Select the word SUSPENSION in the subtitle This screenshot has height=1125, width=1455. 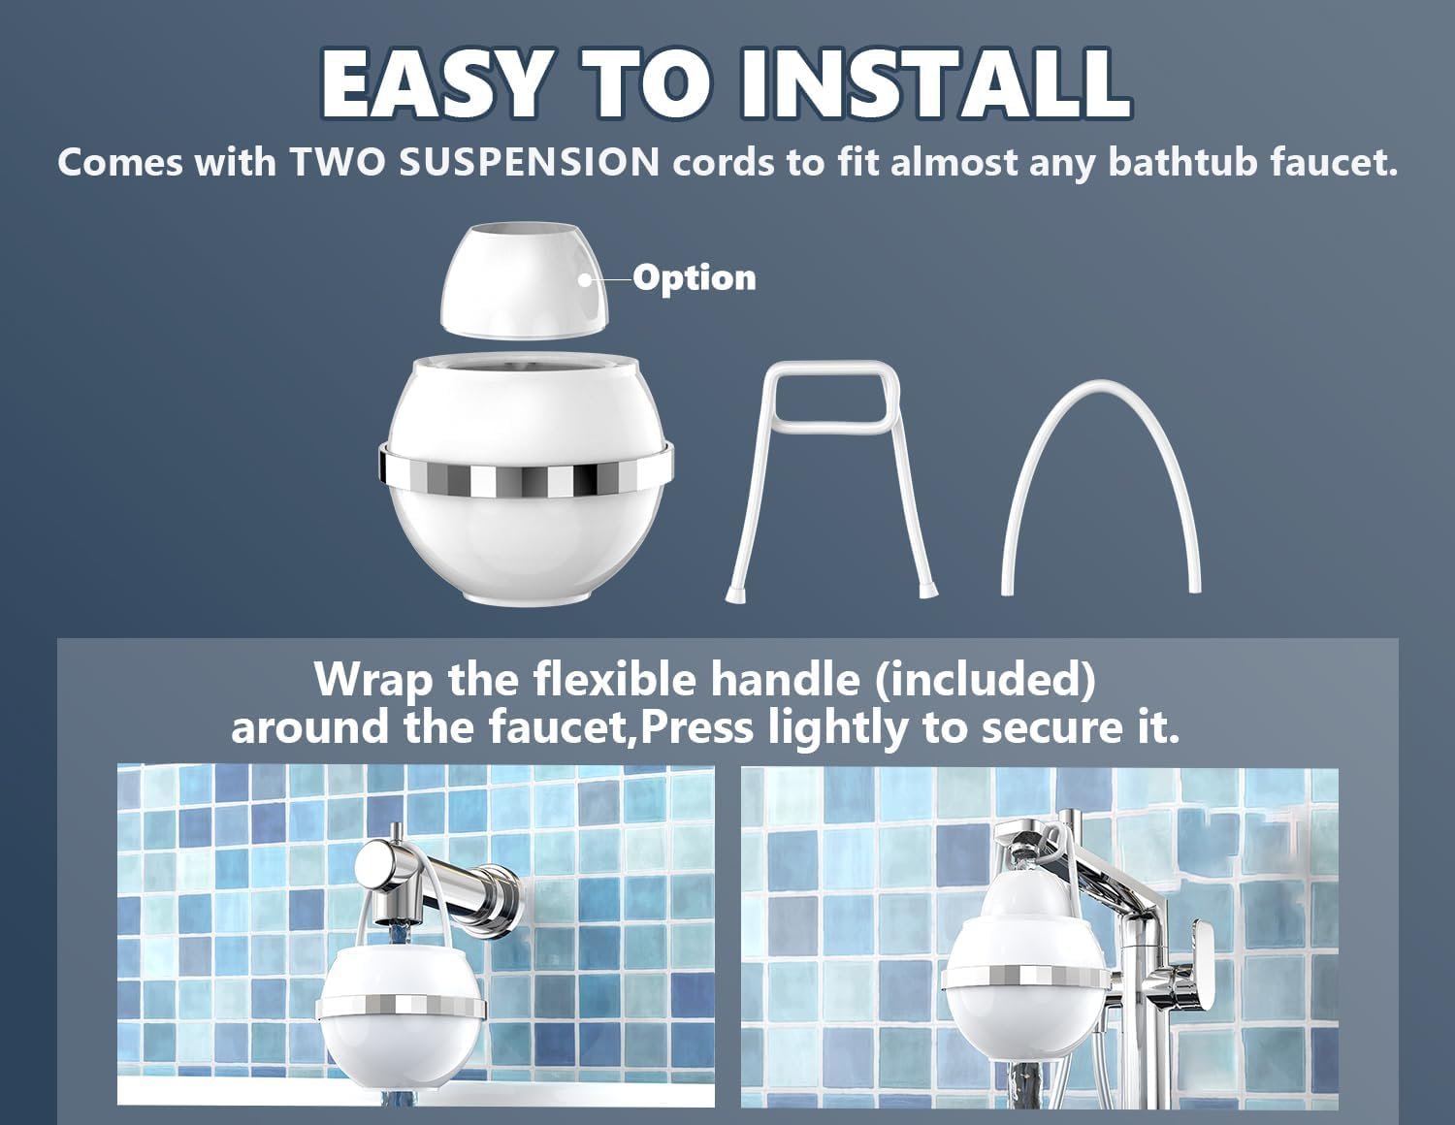(x=529, y=163)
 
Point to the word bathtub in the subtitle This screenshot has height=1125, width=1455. (x=1182, y=162)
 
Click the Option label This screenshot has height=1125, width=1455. (x=695, y=277)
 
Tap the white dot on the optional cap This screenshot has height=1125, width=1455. (x=585, y=280)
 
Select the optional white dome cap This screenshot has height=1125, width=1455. (x=524, y=279)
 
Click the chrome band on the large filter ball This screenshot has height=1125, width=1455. (x=526, y=473)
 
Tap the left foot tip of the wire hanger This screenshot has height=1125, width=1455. (x=731, y=595)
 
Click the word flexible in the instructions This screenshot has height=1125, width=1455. (x=616, y=680)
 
